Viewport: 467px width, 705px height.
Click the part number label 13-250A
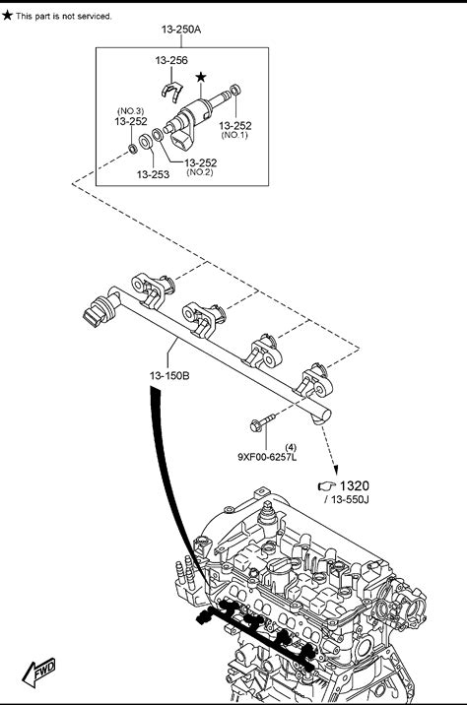181,30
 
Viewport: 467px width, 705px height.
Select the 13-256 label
171,60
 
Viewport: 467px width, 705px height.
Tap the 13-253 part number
153,174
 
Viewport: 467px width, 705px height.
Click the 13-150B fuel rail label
169,375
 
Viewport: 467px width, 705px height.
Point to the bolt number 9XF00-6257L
267,457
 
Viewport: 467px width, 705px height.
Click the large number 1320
354,485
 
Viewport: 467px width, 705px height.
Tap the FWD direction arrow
39,673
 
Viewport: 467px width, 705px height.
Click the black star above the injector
201,77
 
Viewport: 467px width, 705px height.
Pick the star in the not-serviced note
7,16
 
